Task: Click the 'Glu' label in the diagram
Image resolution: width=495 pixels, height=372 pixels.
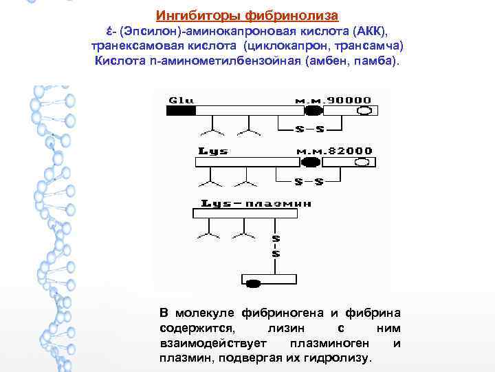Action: point(182,100)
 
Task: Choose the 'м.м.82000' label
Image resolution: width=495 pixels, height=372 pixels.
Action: point(333,151)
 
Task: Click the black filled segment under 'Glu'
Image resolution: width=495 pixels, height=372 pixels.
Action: point(181,110)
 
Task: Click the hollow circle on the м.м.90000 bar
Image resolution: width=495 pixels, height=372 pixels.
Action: point(365,110)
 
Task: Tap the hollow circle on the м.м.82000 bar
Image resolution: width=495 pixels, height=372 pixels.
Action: point(362,163)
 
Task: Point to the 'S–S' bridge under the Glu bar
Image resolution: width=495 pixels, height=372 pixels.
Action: point(309,129)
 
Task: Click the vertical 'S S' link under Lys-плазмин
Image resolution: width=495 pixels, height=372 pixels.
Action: point(276,247)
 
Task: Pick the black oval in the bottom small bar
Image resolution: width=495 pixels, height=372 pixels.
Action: point(254,282)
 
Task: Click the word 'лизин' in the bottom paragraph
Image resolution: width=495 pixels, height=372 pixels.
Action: point(283,329)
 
